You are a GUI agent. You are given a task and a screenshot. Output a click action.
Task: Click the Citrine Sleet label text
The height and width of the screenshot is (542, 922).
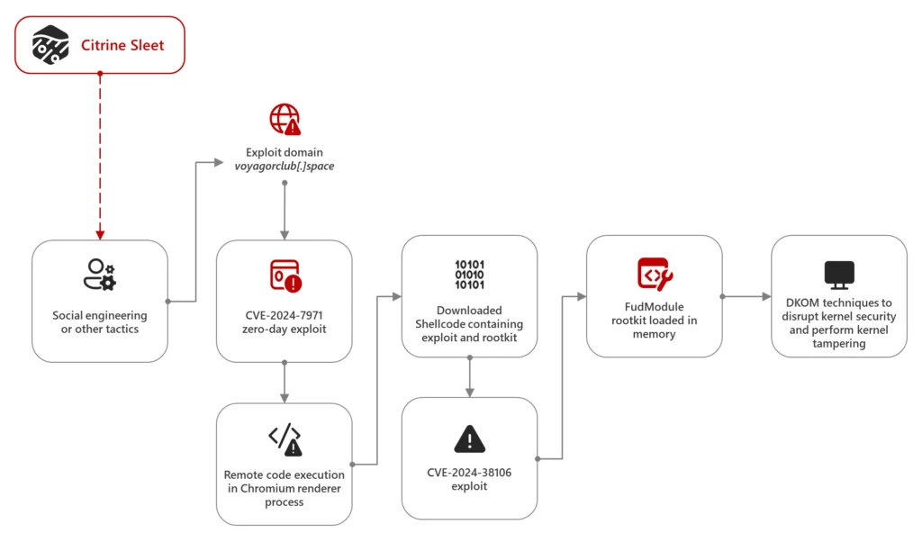[122, 44]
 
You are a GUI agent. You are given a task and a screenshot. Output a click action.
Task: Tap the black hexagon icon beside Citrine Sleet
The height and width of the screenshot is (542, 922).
[51, 44]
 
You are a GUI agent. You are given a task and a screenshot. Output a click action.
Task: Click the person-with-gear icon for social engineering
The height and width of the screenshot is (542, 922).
[99, 274]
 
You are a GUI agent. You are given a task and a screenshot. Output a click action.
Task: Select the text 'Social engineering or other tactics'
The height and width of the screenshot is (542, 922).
[99, 321]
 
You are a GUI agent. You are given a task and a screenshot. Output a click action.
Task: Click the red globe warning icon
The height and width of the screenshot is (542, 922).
[285, 119]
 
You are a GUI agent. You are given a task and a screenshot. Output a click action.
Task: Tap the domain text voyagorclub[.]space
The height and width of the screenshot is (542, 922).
[285, 166]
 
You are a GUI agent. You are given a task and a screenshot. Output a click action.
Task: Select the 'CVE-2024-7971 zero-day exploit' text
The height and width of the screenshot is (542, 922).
[285, 322]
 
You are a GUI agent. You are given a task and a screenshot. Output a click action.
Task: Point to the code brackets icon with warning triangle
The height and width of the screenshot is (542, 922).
[285, 438]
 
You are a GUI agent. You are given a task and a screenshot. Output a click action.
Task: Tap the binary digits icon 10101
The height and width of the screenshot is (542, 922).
[469, 274]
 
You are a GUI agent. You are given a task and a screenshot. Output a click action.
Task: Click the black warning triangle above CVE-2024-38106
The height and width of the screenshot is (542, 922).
[469, 438]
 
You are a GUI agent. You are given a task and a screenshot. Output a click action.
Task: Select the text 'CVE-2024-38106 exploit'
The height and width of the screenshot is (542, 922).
[469, 479]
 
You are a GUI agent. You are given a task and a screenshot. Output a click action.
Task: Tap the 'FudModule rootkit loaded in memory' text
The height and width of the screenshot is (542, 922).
[655, 320]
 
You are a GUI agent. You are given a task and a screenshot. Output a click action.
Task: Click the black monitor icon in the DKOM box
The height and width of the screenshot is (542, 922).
[839, 273]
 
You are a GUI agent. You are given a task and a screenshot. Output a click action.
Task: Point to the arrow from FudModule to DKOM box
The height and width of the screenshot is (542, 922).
[746, 296]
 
